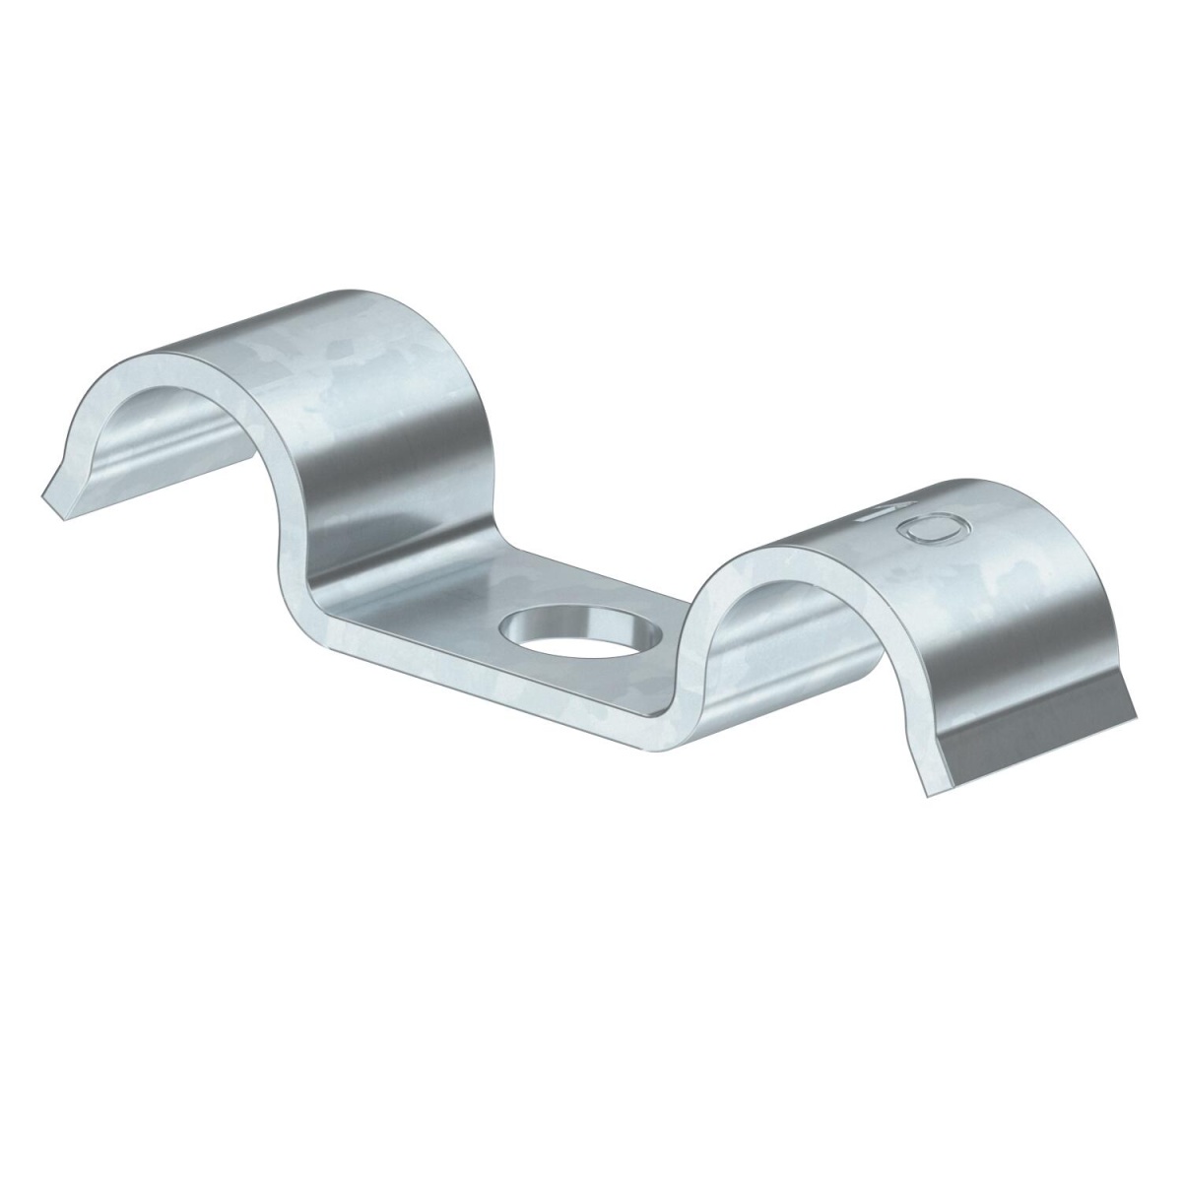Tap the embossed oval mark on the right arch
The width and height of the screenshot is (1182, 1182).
[933, 530]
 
